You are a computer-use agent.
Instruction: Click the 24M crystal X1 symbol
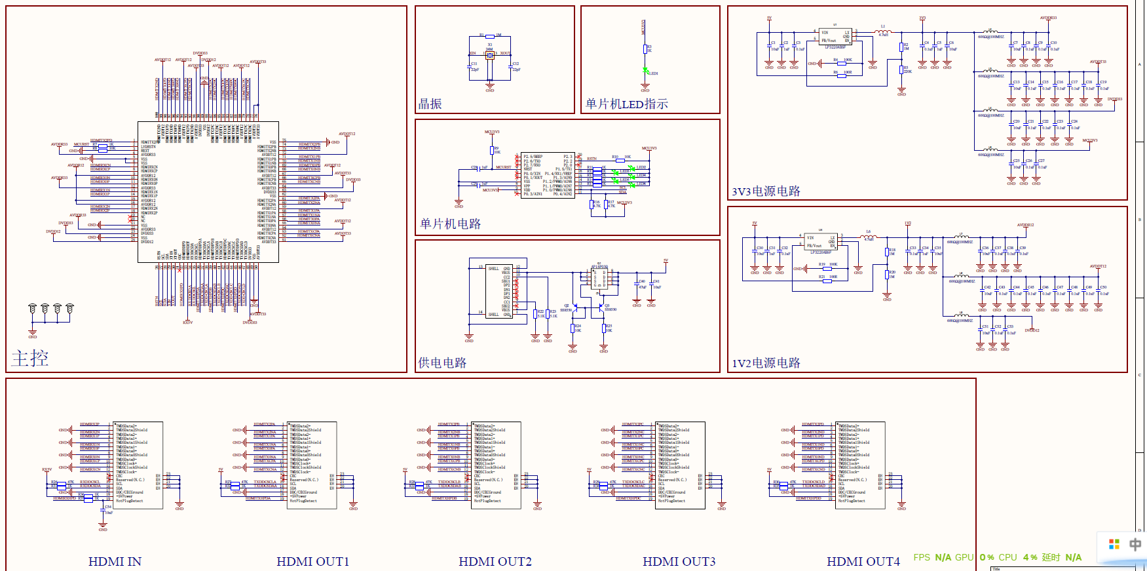(x=489, y=55)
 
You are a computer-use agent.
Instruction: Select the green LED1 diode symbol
(x=645, y=71)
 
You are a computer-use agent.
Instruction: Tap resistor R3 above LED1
(x=645, y=49)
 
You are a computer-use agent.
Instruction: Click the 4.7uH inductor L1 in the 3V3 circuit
(x=882, y=31)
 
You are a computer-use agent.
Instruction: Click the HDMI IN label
(x=115, y=561)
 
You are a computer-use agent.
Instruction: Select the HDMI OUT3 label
(x=679, y=561)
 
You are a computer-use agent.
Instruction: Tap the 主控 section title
(x=30, y=358)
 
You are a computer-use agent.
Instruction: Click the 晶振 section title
(x=430, y=104)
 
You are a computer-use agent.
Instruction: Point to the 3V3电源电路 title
(x=766, y=191)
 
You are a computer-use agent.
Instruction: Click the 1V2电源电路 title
(x=766, y=363)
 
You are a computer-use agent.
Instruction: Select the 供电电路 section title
(x=442, y=363)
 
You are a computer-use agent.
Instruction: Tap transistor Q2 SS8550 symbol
(x=574, y=306)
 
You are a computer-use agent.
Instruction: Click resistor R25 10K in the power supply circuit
(x=604, y=328)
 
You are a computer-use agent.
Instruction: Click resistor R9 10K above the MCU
(x=491, y=151)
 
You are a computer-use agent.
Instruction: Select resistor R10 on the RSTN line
(x=616, y=158)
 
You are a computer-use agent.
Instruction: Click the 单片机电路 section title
(x=451, y=224)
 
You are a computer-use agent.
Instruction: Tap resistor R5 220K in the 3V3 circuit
(x=901, y=70)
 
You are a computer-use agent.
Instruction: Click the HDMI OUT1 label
(x=312, y=561)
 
